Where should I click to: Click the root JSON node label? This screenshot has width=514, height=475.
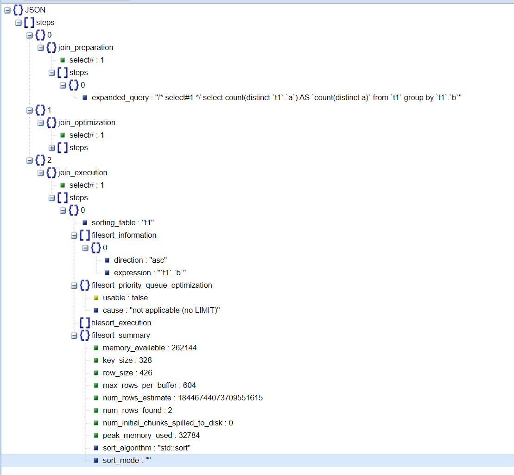[35, 10]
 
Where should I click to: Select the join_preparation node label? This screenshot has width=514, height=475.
[86, 48]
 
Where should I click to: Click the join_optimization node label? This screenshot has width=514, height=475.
[87, 123]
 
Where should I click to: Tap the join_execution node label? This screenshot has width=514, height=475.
[82, 173]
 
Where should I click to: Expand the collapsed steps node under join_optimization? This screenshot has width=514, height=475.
[52, 148]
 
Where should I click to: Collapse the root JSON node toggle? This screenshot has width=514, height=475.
[7, 10]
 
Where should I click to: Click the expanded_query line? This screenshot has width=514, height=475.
[276, 98]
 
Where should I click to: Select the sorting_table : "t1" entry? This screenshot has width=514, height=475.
[123, 223]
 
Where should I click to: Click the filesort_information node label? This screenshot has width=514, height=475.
[124, 235]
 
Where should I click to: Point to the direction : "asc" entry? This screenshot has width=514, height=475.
[140, 260]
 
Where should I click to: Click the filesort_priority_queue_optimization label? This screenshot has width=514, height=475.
[152, 285]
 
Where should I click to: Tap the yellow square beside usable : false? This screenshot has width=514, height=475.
[96, 298]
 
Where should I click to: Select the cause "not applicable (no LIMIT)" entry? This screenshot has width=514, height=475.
[161, 310]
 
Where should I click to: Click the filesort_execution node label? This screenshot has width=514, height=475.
[121, 323]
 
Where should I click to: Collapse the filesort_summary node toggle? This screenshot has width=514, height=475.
[74, 336]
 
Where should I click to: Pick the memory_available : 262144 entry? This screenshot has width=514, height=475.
[150, 348]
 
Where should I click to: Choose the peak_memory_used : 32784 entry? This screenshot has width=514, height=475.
[151, 435]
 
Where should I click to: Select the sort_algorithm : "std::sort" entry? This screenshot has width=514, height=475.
[146, 448]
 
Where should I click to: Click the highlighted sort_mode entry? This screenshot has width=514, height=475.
[127, 461]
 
